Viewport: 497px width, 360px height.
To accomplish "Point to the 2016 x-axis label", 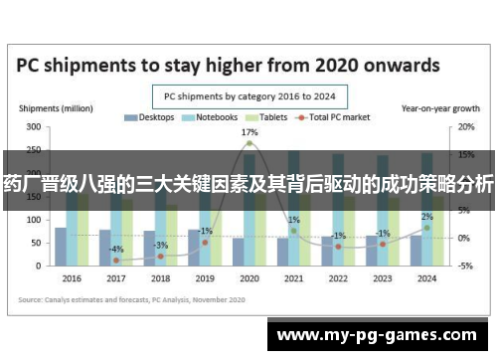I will tap(71, 278).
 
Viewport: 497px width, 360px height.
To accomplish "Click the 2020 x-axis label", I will tap(249, 278).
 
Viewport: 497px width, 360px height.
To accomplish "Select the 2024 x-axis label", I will tap(426, 278).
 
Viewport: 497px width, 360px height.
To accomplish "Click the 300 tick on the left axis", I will tap(34, 128).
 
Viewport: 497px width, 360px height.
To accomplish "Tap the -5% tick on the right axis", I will tap(465, 266).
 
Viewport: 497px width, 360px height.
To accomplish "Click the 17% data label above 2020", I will tap(249, 132).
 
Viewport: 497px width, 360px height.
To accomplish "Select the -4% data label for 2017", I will tap(116, 249).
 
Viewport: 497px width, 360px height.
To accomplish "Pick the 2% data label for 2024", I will tap(426, 217).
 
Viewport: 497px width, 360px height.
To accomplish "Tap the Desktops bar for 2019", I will tap(194, 248).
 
